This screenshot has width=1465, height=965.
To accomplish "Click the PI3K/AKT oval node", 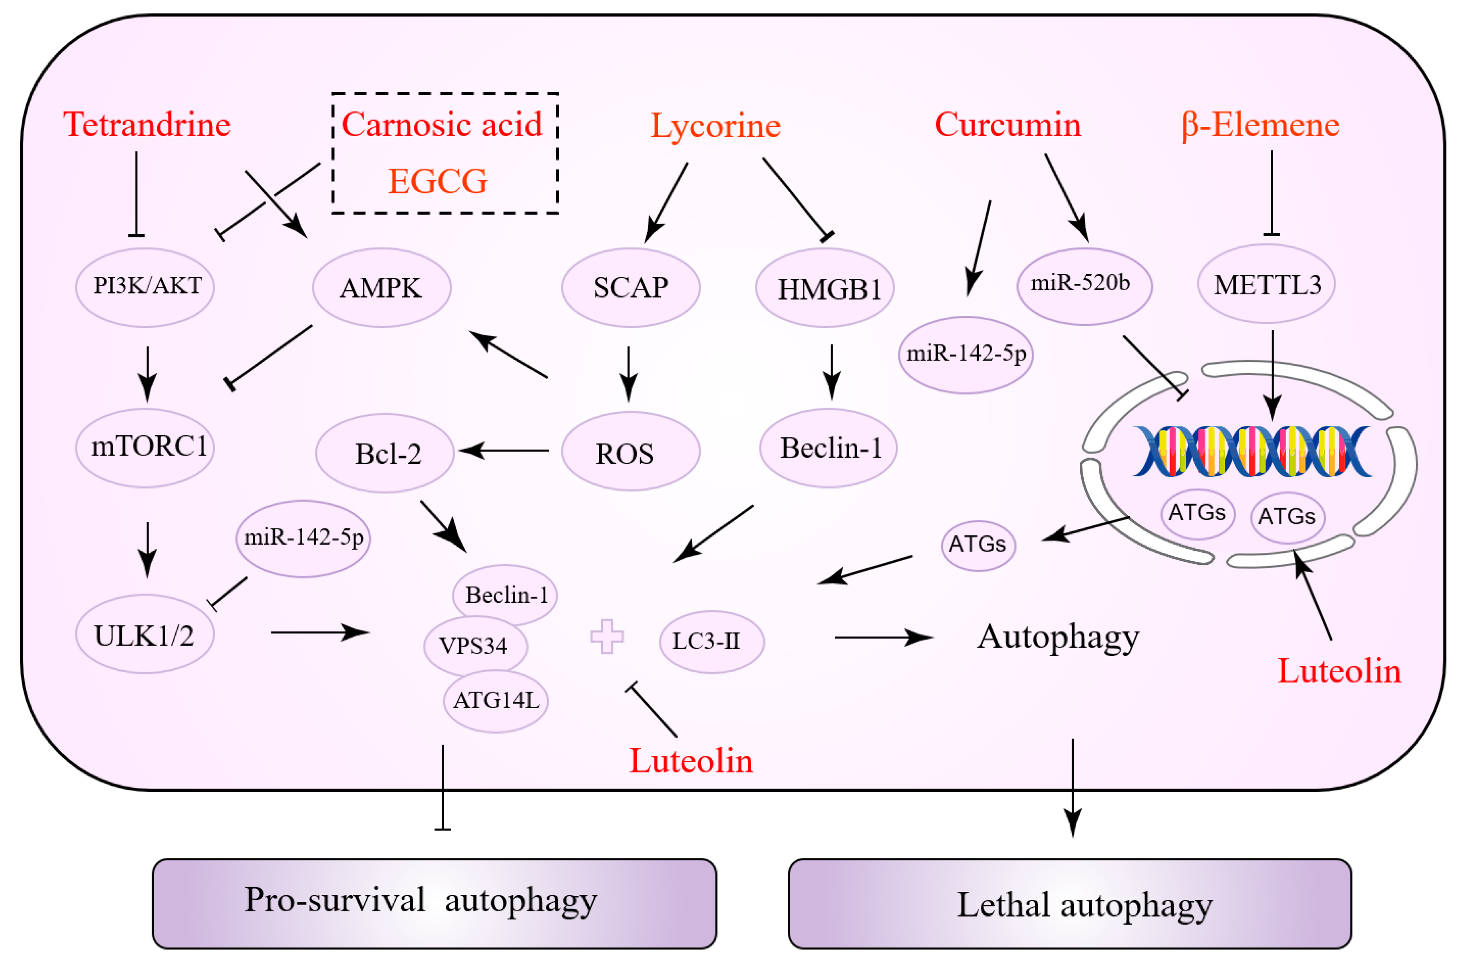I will coord(145,287).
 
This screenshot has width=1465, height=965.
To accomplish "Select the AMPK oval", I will coord(382,287).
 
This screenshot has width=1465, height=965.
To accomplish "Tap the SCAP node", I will coord(630,287).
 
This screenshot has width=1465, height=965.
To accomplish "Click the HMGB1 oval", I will coord(825,288).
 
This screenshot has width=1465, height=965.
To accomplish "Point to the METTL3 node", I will coord(1266,284).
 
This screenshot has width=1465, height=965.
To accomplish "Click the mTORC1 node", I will coord(145,447).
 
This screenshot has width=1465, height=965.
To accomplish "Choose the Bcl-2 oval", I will coord(385,453).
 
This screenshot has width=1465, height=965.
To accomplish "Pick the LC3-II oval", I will coord(712,641).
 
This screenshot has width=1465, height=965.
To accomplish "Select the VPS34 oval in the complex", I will coord(474,646).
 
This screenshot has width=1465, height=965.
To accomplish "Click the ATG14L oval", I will coord(495,701).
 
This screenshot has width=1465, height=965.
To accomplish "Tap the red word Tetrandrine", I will coord(147,125).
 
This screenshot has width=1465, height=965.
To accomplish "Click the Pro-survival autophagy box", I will coord(434,903).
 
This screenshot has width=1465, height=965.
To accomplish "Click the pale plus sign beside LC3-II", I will coord(607,636).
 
